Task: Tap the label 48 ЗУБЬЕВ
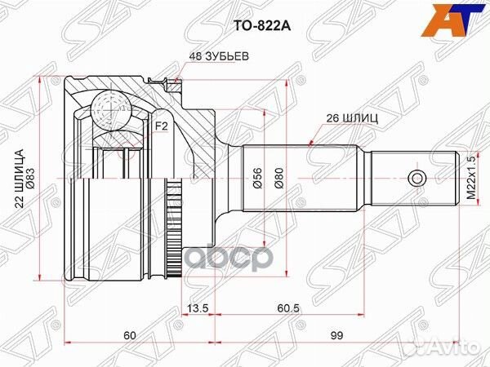tap(220, 56)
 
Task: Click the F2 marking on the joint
tap(161, 126)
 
